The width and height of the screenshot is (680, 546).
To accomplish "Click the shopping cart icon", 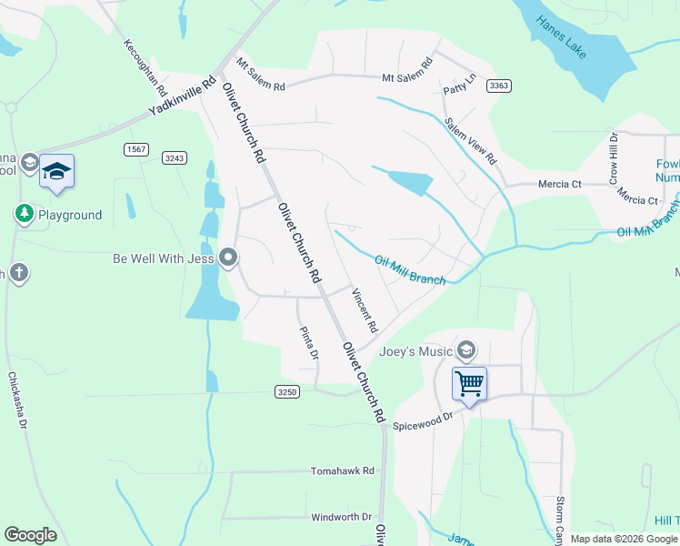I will (x=469, y=383).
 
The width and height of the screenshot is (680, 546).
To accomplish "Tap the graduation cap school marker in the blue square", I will (x=56, y=172).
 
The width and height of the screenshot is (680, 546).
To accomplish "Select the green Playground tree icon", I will (x=24, y=215).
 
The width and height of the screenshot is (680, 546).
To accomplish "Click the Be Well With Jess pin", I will (x=228, y=258).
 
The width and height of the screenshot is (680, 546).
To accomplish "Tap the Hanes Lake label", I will (x=561, y=37).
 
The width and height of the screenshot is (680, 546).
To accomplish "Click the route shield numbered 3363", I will (x=498, y=86).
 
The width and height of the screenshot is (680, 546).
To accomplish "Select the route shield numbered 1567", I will (x=136, y=148).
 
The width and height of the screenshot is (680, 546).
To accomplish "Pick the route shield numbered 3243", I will (x=175, y=157).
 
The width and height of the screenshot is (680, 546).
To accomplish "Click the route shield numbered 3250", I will (x=286, y=391).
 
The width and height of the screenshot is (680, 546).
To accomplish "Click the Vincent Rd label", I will (x=365, y=310).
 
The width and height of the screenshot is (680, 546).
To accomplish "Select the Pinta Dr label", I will (x=309, y=343).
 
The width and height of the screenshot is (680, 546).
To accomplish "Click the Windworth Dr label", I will (x=342, y=517).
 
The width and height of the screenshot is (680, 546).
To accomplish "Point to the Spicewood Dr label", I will (x=422, y=420).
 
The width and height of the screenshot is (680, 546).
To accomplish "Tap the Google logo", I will (x=30, y=535).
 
